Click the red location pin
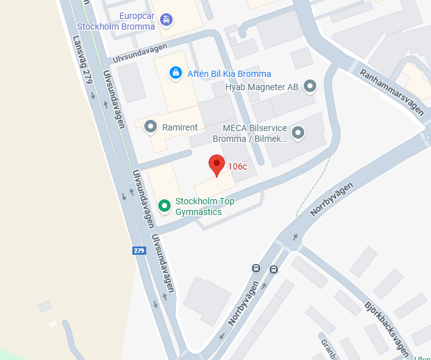pos(217,165)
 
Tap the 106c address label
pos(238,166)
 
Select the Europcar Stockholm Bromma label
pos(115,21)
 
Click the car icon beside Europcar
pos(166,19)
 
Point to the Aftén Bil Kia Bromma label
pos(229,74)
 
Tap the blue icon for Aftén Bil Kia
pos(175,73)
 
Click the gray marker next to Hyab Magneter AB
pos(310,86)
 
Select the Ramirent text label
pos(180,127)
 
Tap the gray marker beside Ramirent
pos(151,127)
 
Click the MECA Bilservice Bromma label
pos(250,133)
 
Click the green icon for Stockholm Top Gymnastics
pos(164,206)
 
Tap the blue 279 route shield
pos(139,250)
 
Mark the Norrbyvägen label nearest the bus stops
pos(243,303)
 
